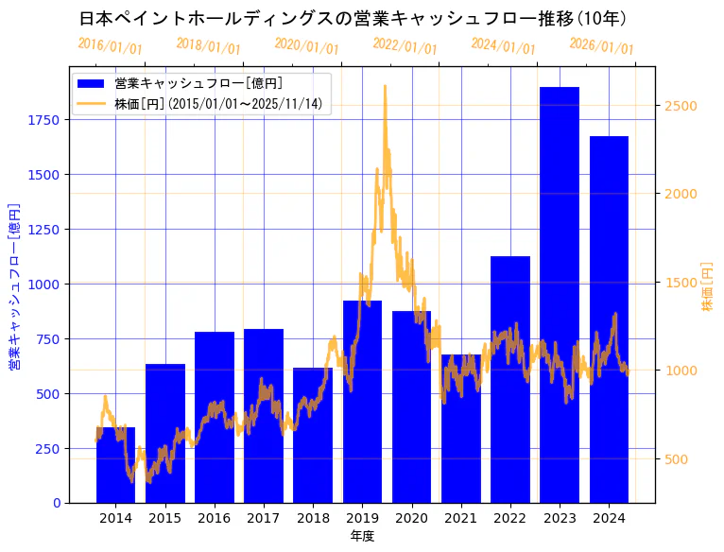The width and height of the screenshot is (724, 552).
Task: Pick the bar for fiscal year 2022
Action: coord(510,379)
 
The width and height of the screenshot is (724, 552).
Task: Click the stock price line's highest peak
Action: coord(385,86)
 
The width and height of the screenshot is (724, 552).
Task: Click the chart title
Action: coord(353,18)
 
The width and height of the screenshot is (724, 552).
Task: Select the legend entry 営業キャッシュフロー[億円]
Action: coord(198,84)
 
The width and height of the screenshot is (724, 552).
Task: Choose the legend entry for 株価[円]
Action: coord(222,104)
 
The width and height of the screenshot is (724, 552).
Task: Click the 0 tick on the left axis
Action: coord(57,503)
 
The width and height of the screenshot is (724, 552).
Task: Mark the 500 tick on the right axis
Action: coord(677,459)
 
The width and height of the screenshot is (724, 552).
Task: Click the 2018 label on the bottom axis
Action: coord(313,518)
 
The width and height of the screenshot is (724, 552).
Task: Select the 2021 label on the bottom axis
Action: coord(460,518)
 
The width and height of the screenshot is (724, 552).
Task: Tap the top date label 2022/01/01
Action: coord(405,45)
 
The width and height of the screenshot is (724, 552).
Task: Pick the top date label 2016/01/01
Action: coord(110,45)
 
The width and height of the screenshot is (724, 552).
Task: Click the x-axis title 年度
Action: coord(362,536)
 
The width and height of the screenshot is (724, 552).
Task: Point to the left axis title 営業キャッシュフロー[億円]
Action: coord(14,285)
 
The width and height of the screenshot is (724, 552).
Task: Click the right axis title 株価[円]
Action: coord(707,286)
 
